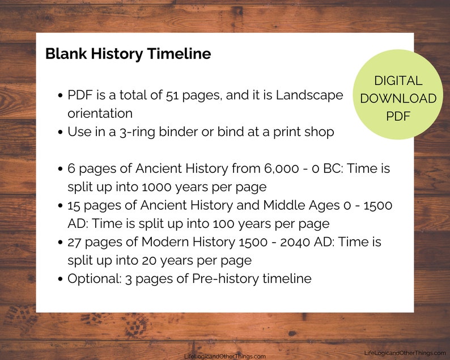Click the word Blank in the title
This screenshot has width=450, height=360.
click(x=66, y=54)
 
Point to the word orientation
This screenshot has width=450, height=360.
click(x=100, y=113)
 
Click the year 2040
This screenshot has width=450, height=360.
click(x=295, y=242)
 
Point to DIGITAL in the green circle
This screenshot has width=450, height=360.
click(x=398, y=81)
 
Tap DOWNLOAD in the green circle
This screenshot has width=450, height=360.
click(x=398, y=99)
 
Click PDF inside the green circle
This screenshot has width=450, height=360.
click(x=398, y=116)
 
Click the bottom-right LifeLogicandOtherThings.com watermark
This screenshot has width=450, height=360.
click(x=405, y=353)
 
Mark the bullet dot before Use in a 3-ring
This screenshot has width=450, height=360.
click(x=60, y=132)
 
